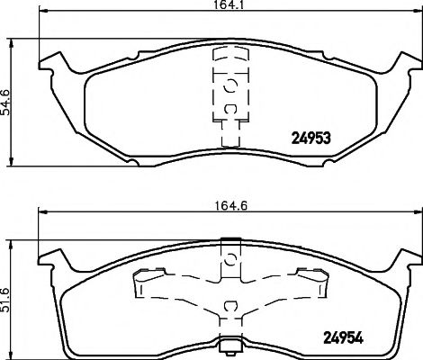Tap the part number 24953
311,139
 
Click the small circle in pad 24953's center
229,86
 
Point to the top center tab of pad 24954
229,240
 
